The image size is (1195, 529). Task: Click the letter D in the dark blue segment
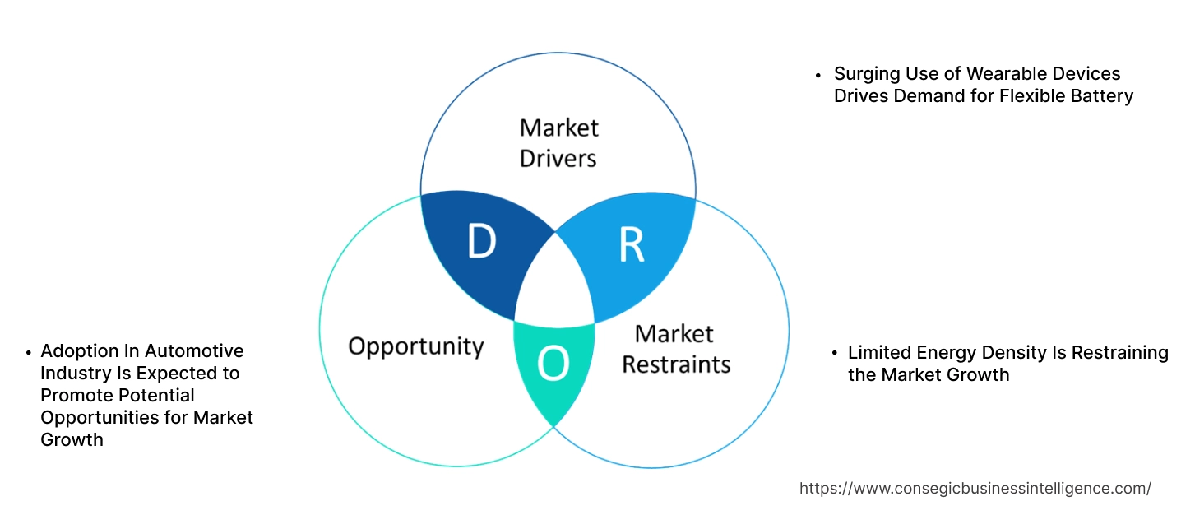tap(481, 242)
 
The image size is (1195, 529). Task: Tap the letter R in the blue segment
tap(631, 244)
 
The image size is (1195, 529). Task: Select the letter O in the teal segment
tap(553, 365)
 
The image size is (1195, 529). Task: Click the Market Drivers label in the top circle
tap(558, 142)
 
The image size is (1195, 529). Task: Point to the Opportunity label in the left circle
tap(415, 346)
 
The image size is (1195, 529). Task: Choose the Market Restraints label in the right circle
tap(675, 348)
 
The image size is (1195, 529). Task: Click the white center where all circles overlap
tap(554, 284)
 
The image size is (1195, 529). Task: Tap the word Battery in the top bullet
tap(1102, 95)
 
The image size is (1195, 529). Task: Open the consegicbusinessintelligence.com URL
tap(975, 488)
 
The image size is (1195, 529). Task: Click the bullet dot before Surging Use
tap(818, 75)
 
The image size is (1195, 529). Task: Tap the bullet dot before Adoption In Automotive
tap(28, 352)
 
